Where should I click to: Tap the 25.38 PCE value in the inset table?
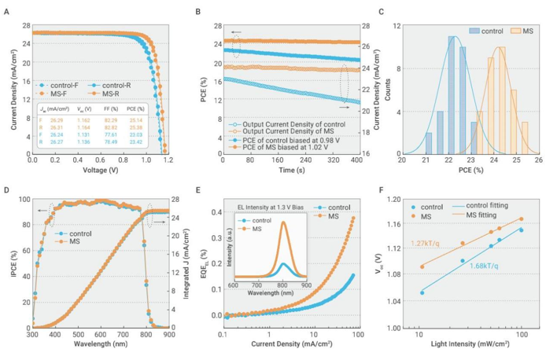[x=135, y=127]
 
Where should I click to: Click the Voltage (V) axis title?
[x=98, y=170]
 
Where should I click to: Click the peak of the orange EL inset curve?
[x=282, y=223]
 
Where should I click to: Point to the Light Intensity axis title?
[x=463, y=343]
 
